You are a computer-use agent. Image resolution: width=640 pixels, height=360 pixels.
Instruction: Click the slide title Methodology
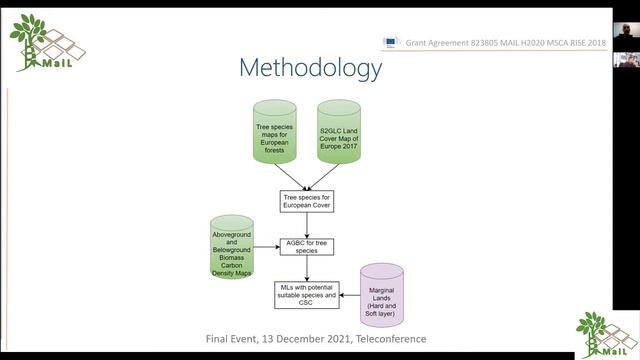(310, 68)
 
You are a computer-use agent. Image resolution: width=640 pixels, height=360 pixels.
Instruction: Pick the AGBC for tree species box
(306, 245)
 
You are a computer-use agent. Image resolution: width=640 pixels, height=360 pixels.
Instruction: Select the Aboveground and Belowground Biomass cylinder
(232, 247)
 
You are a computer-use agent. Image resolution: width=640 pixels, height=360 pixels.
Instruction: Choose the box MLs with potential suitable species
(305, 293)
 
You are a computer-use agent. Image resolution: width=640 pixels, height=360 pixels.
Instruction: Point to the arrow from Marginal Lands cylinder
(348, 295)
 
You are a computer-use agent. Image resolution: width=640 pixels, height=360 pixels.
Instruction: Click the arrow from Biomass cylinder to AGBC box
(266, 246)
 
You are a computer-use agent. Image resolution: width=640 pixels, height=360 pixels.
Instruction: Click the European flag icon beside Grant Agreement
(390, 43)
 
